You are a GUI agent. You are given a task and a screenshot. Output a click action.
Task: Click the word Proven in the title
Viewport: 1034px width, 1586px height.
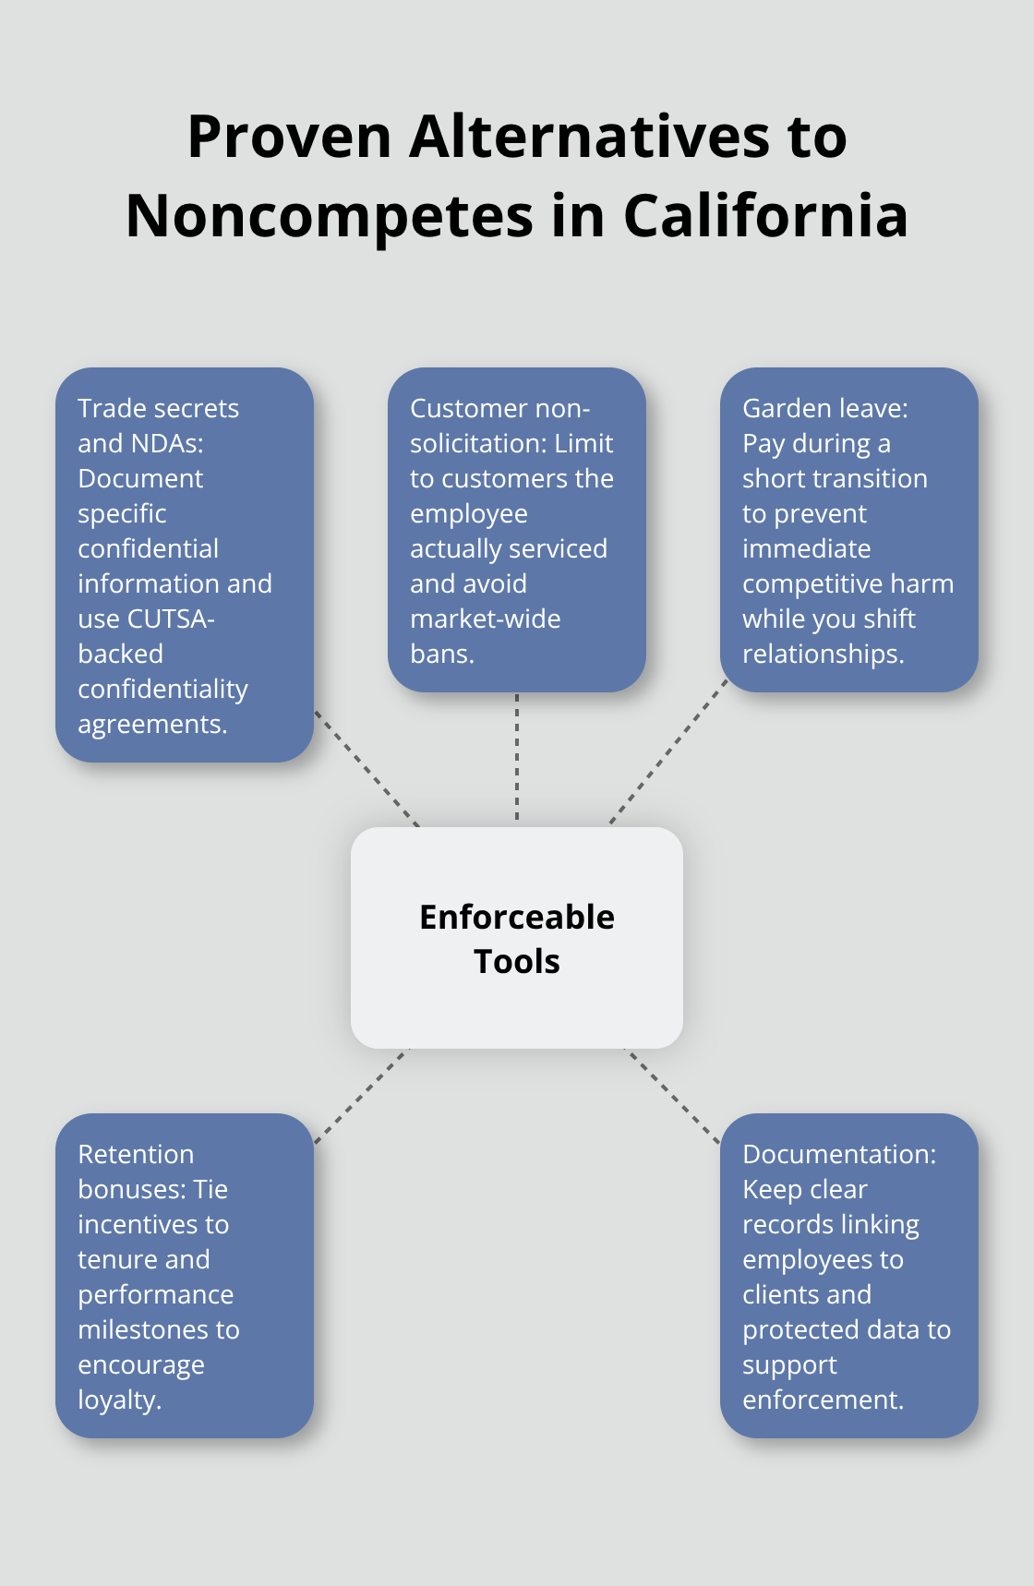tap(290, 138)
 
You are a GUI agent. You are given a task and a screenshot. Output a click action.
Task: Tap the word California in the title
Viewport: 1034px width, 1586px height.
tap(765, 217)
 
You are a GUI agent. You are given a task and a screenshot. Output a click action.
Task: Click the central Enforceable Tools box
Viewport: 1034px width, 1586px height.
tap(517, 938)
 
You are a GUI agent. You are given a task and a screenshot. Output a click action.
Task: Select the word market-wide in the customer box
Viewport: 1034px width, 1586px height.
tap(486, 619)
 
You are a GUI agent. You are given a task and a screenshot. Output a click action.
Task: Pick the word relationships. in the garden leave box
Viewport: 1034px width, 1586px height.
tap(824, 654)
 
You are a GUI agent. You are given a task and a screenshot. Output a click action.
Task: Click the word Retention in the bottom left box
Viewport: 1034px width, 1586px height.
tap(136, 1154)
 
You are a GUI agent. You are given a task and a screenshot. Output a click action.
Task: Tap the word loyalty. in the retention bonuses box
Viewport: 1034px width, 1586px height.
tap(120, 1400)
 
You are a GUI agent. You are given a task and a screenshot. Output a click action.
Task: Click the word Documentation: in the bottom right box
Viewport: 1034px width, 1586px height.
tap(839, 1154)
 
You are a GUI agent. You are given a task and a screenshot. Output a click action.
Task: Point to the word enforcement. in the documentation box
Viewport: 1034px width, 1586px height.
tap(824, 1400)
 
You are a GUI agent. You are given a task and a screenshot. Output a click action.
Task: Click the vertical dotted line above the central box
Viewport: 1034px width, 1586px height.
tap(517, 757)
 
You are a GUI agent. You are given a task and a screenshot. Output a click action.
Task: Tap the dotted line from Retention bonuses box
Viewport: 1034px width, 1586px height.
tap(361, 1096)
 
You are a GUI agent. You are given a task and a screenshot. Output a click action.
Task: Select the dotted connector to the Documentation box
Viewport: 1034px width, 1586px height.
tap(673, 1096)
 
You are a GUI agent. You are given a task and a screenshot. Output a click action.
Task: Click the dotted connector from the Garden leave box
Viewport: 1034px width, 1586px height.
tap(669, 751)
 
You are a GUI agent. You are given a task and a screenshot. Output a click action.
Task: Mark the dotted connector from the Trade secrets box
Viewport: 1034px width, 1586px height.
tap(367, 768)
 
